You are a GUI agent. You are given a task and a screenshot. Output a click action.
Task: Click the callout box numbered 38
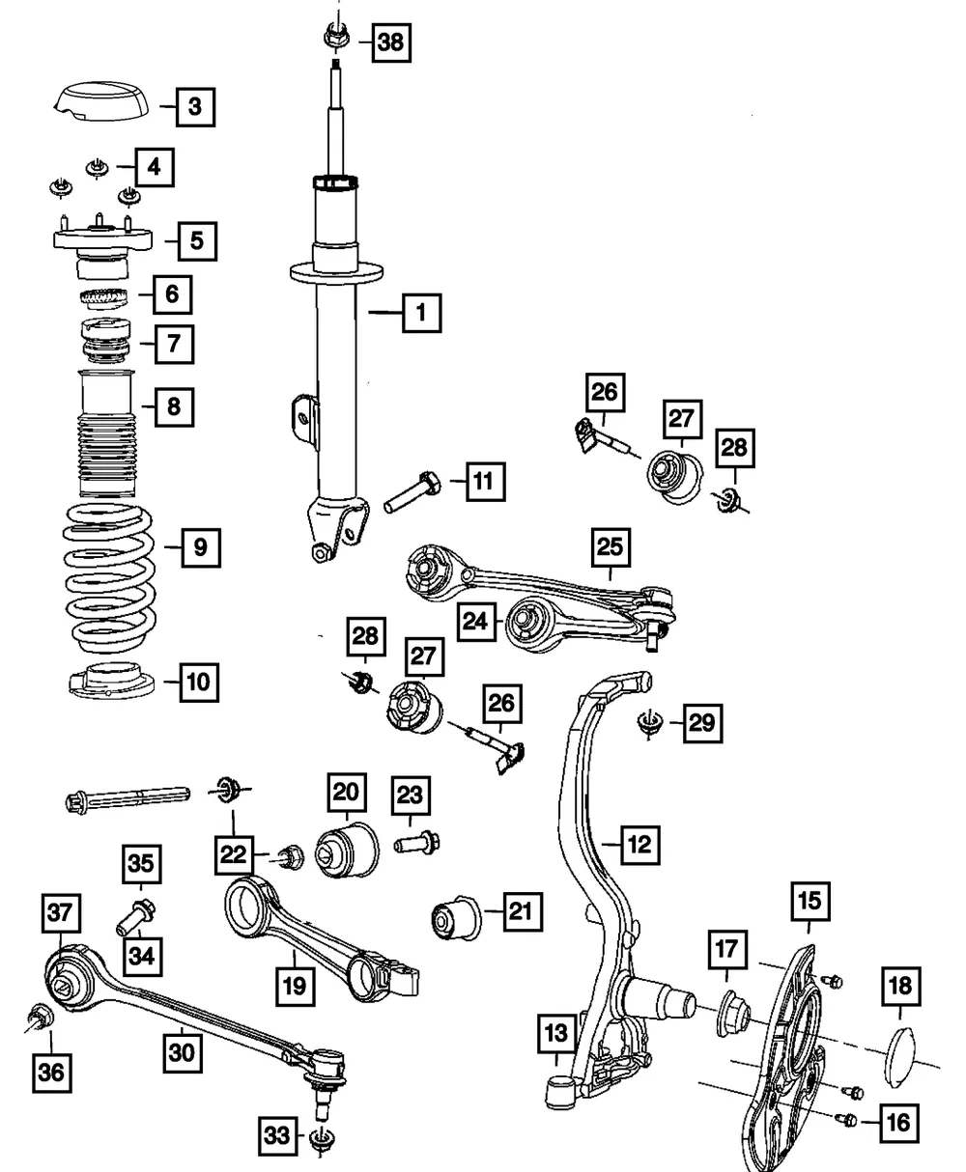(391, 42)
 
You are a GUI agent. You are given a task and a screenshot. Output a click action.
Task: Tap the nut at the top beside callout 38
(336, 37)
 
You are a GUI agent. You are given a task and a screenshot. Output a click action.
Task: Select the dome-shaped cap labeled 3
(101, 101)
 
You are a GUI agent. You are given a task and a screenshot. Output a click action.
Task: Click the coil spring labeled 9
(109, 578)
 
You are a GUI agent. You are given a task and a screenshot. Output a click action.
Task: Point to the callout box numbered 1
(422, 313)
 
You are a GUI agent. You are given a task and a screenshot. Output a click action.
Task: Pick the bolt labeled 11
(412, 492)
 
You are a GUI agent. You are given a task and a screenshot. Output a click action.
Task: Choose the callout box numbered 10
(199, 683)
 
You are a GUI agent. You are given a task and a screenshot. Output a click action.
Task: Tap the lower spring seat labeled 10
(111, 682)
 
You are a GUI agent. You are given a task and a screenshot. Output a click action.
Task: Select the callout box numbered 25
(611, 547)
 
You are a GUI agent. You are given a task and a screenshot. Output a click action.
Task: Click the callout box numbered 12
(640, 845)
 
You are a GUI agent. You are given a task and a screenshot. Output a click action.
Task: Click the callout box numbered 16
(899, 1123)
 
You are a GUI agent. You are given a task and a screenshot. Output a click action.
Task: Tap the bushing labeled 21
(456, 919)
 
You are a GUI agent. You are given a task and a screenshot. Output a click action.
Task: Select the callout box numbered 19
(296, 987)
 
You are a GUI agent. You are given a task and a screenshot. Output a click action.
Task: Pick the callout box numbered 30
(183, 1053)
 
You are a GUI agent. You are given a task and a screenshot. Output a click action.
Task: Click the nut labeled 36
(41, 1016)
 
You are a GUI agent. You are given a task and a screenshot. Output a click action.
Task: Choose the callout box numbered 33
(277, 1136)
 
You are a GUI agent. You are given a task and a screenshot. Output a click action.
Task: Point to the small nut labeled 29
(650, 723)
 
